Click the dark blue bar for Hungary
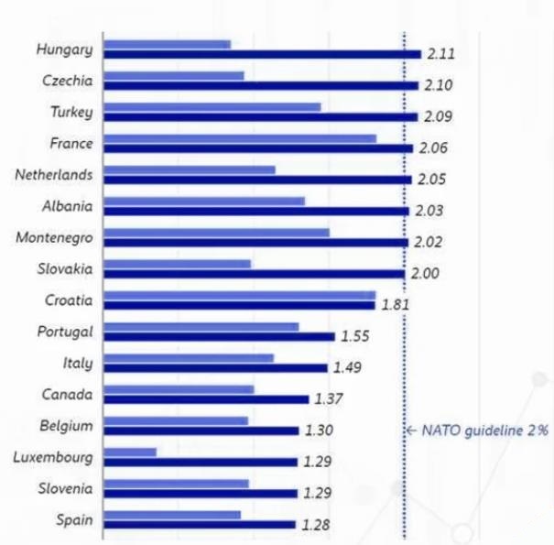click(262, 54)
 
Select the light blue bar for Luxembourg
click(130, 452)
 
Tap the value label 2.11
click(440, 54)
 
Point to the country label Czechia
click(68, 81)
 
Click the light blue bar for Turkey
click(212, 107)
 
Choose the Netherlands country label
click(54, 173)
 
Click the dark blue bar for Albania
click(256, 211)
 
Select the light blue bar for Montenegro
click(216, 233)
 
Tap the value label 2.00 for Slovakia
click(426, 273)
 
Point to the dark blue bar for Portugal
click(219, 336)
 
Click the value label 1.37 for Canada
click(329, 399)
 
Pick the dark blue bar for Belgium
click(201, 431)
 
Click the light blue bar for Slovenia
click(176, 483)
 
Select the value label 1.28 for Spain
click(314, 526)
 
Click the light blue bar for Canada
click(179, 389)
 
